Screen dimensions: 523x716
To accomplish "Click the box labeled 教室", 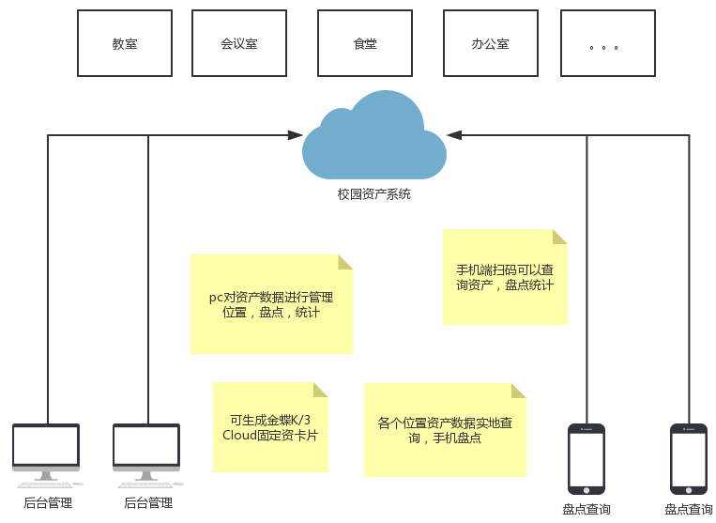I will [124, 43].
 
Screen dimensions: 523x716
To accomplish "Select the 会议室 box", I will [238, 43].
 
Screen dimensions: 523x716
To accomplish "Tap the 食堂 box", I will [365, 43].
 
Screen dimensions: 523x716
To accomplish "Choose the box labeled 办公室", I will [490, 43].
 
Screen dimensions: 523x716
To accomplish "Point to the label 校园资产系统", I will [373, 194].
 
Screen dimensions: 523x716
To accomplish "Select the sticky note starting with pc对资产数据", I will [271, 304].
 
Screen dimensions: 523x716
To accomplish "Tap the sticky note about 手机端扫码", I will [505, 277].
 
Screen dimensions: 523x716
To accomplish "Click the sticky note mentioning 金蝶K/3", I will [270, 427].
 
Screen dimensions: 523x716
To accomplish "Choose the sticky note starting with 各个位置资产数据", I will [445, 430].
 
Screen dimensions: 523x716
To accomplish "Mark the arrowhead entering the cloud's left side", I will [296, 135].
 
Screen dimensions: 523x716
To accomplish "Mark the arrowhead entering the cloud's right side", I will [454, 135].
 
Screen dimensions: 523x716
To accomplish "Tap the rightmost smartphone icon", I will [688, 458].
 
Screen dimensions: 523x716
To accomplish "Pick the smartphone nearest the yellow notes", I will [587, 458].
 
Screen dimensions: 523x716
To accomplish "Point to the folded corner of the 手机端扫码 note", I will [559, 237].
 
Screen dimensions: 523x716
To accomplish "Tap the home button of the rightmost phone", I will [688, 488].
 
